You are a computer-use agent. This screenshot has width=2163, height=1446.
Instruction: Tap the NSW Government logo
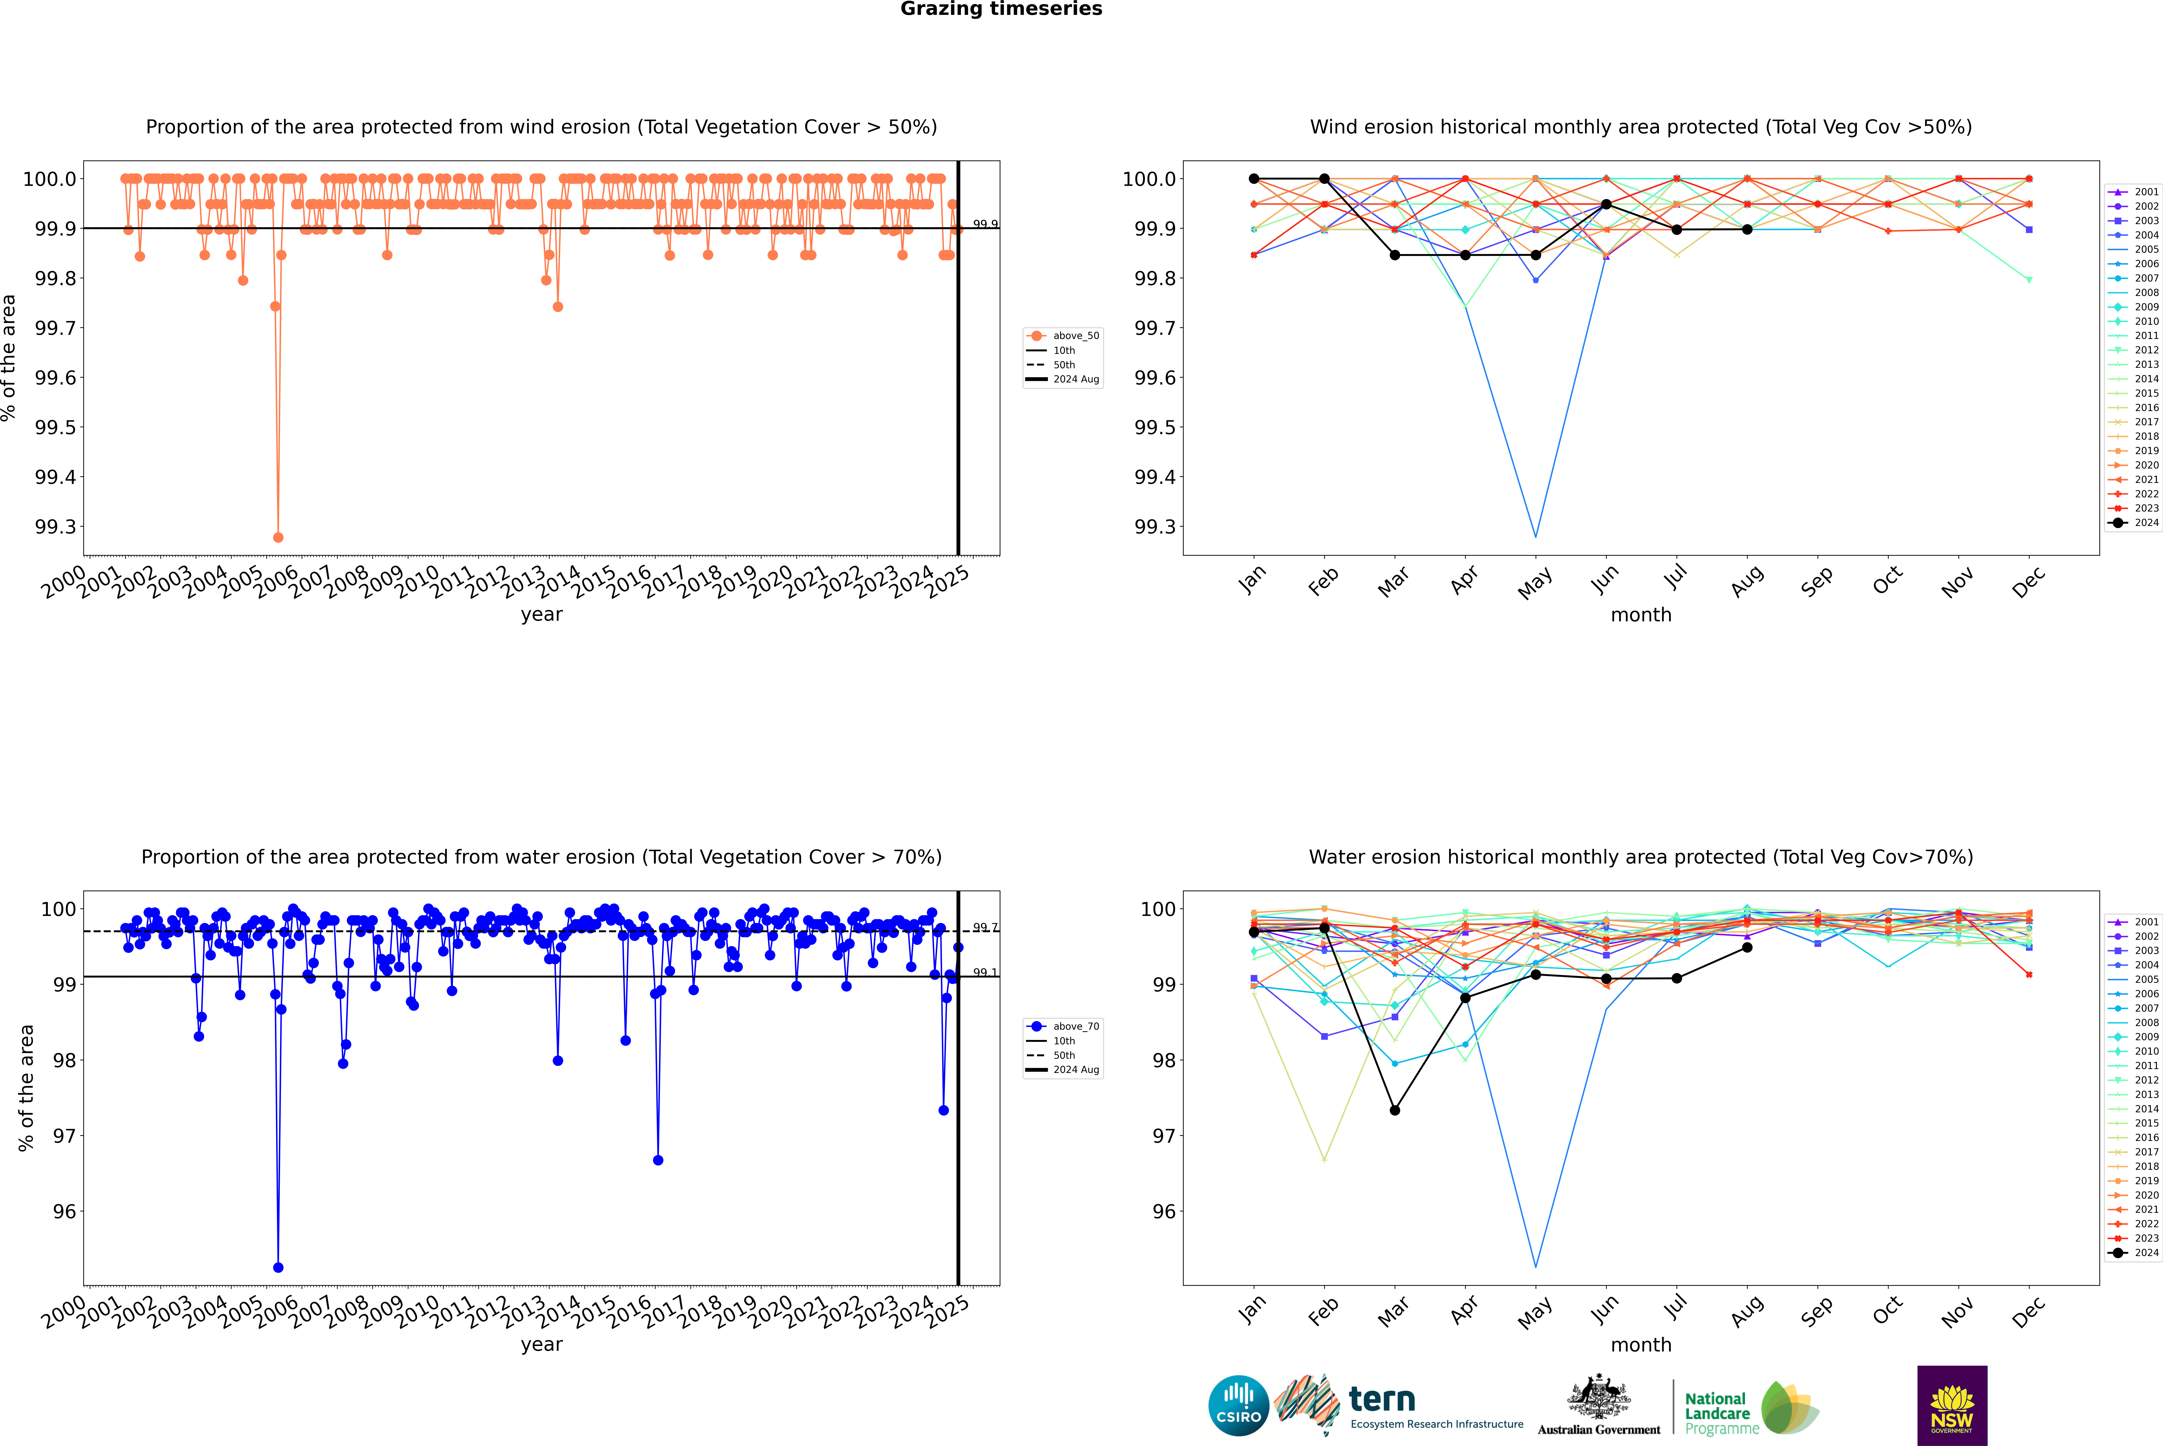pos(1952,1405)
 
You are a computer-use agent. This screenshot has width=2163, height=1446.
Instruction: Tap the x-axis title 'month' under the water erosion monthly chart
pos(1640,1345)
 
